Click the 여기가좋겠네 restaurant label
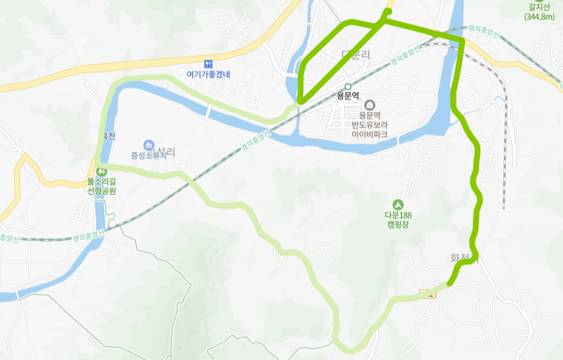[208, 74]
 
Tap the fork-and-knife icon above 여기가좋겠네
[208, 63]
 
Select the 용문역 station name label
[347, 96]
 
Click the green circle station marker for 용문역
[347, 87]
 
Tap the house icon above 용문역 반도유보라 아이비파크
[369, 104]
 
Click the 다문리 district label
[356, 54]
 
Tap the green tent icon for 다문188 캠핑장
[397, 204]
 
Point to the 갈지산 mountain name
[539, 7]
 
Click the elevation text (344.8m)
[539, 17]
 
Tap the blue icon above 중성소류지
[148, 144]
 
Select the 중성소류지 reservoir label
[148, 155]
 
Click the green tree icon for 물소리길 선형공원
[101, 171]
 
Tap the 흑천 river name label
[107, 136]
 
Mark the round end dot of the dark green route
[388, 11]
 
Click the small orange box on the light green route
[427, 294]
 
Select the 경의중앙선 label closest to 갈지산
[483, 28]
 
